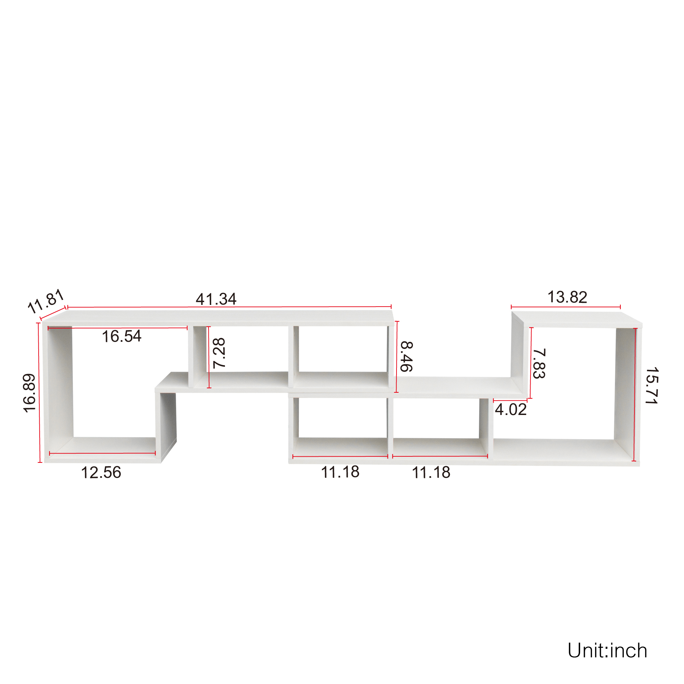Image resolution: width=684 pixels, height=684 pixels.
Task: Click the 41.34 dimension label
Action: (216, 299)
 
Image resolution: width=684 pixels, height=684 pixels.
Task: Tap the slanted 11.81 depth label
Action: (46, 301)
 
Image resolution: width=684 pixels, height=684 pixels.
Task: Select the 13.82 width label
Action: (567, 297)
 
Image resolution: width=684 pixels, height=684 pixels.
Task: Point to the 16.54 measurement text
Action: (121, 336)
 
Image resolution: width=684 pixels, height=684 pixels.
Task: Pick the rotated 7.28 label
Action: (219, 353)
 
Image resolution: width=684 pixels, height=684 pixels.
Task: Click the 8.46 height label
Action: (406, 357)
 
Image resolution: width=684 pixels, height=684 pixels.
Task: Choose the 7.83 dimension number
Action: (539, 364)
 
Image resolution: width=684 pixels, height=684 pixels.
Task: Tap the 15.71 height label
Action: (652, 386)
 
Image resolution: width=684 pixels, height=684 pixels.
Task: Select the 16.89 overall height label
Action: (29, 393)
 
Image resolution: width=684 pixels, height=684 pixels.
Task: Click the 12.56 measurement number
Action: (101, 473)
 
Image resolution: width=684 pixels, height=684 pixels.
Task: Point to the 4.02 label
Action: (511, 410)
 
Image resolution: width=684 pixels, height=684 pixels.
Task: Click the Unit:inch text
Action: (607, 651)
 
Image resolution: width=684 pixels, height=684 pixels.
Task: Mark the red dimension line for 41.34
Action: (229, 307)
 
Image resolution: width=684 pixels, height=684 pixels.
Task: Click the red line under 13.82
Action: (566, 307)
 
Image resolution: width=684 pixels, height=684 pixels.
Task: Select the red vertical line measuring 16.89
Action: (39, 393)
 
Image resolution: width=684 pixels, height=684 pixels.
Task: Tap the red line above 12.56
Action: (102, 453)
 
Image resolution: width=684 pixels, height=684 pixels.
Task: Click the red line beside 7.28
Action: (209, 357)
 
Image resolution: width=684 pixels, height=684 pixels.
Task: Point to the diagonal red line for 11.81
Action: (53, 314)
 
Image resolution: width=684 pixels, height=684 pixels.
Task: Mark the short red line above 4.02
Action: (510, 401)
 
